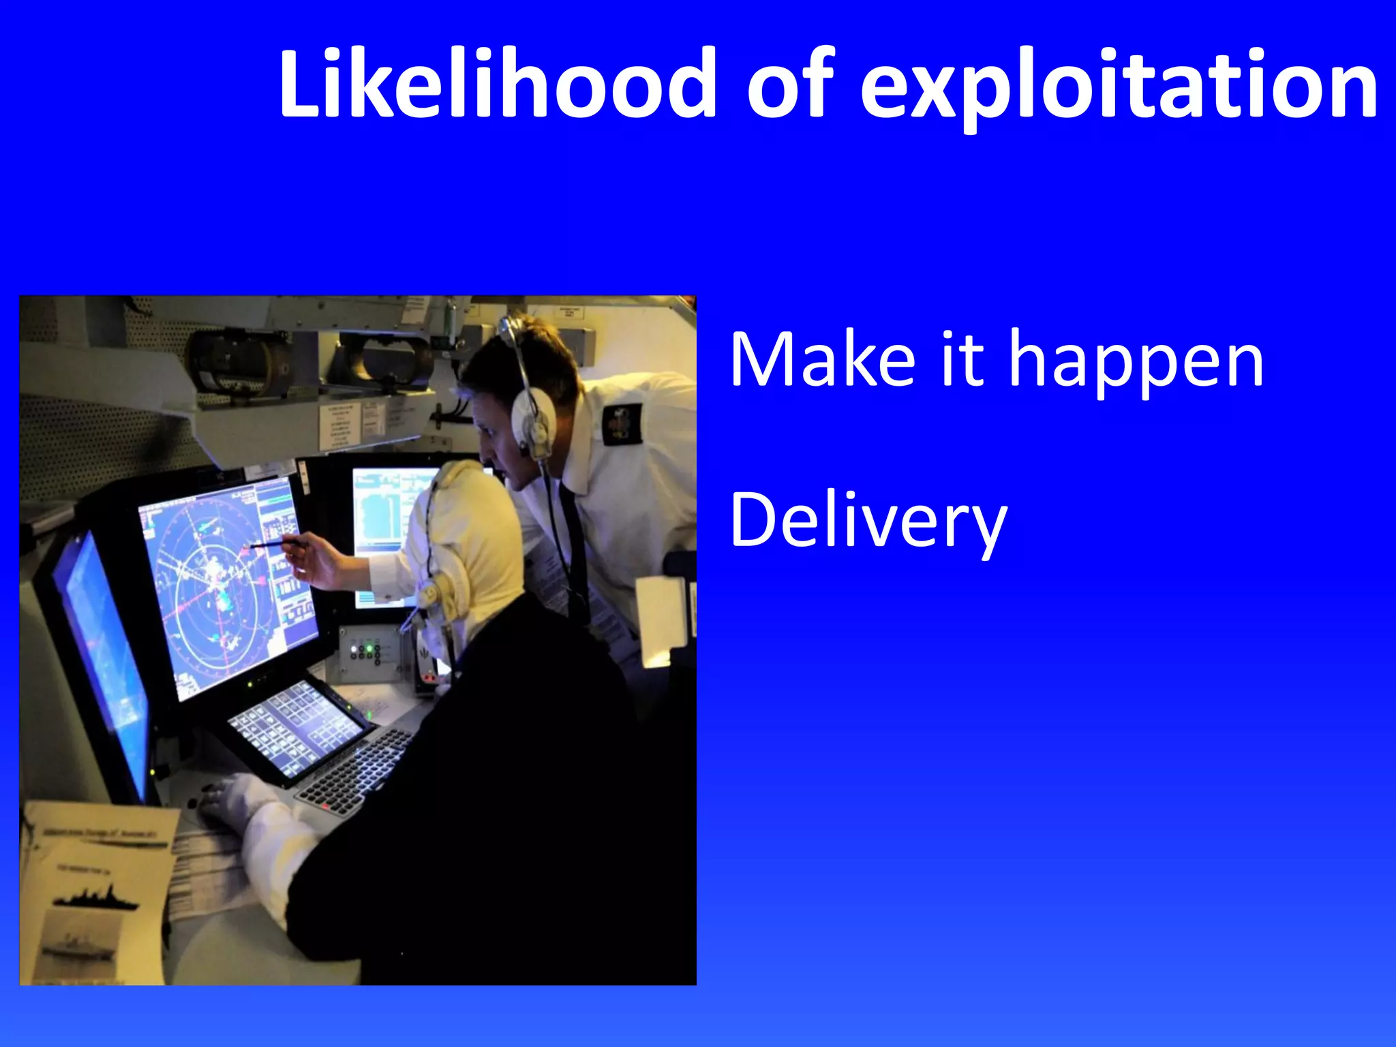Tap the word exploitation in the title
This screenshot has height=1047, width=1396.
pos(1118,87)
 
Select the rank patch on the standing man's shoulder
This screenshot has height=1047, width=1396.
pos(622,424)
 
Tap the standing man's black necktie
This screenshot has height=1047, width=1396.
pos(575,545)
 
